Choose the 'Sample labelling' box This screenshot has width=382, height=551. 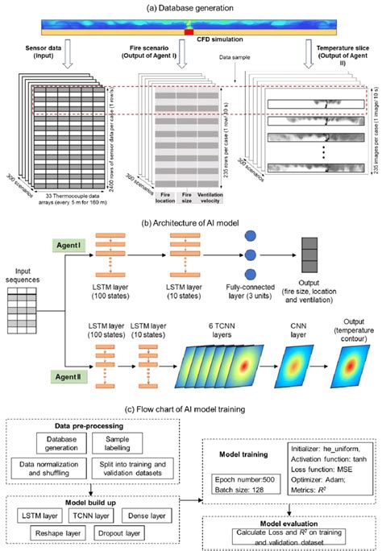tap(143, 441)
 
